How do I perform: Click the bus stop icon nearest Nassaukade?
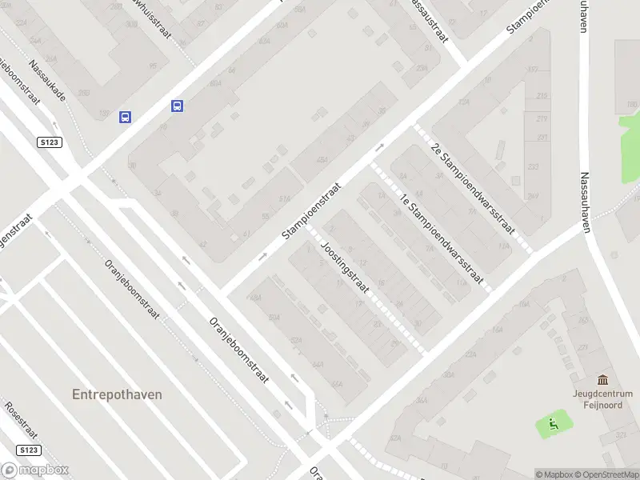click(126, 117)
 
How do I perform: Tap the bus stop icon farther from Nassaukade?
click(177, 106)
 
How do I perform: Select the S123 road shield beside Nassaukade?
click(49, 142)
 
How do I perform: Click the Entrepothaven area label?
click(117, 394)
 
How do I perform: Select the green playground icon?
click(552, 423)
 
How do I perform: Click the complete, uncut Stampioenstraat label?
click(311, 210)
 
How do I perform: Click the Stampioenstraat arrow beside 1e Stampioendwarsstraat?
click(379, 147)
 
